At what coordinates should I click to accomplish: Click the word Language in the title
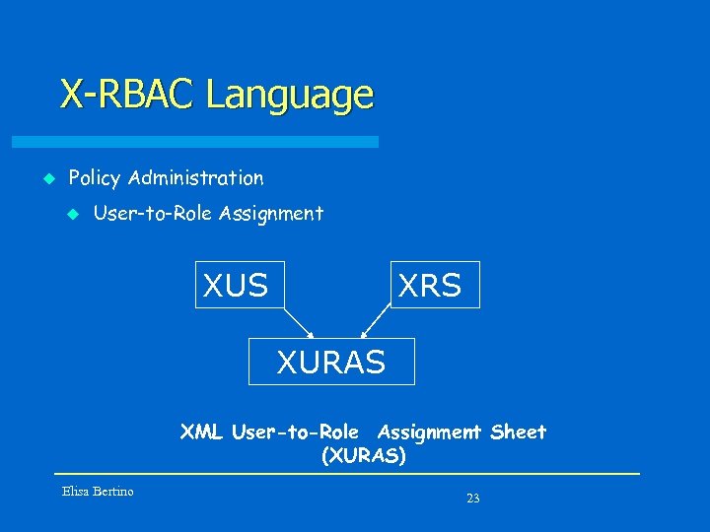pyautogui.click(x=290, y=96)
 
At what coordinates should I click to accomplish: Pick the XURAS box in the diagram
pyautogui.click(x=331, y=362)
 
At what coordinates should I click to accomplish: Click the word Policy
pyautogui.click(x=95, y=178)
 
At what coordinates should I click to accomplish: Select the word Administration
pyautogui.click(x=196, y=178)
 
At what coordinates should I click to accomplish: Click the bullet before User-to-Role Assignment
pyautogui.click(x=71, y=213)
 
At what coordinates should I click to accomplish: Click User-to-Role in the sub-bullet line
pyautogui.click(x=154, y=213)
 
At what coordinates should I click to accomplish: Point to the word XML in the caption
pyautogui.click(x=201, y=432)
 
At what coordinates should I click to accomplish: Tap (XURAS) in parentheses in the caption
pyautogui.click(x=363, y=456)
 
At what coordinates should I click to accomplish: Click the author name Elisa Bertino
pyautogui.click(x=98, y=491)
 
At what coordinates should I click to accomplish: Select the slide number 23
pyautogui.click(x=472, y=499)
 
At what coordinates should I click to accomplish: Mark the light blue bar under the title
pyautogui.click(x=217, y=142)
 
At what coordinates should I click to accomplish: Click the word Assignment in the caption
pyautogui.click(x=429, y=432)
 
